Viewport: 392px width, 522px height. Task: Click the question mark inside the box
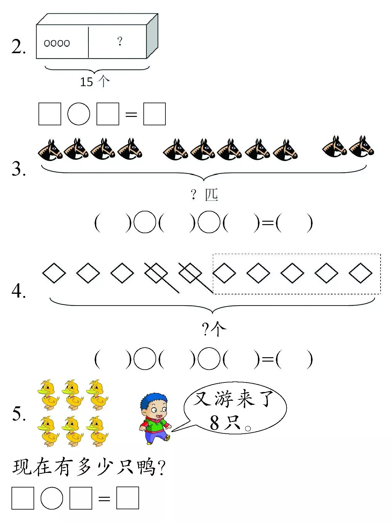pyautogui.click(x=120, y=41)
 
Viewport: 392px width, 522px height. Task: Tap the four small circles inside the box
pyautogui.click(x=57, y=43)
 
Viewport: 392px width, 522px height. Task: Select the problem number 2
pyautogui.click(x=18, y=47)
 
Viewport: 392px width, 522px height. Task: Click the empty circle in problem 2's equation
pyautogui.click(x=79, y=114)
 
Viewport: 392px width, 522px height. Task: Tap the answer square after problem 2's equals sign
pyautogui.click(x=154, y=114)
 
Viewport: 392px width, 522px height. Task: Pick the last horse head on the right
pyautogui.click(x=362, y=147)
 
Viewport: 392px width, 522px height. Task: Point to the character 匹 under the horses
pyautogui.click(x=211, y=195)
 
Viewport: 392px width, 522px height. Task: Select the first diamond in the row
pyautogui.click(x=54, y=273)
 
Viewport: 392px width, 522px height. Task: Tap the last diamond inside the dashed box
pyautogui.click(x=360, y=273)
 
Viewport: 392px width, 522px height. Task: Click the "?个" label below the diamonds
pyautogui.click(x=214, y=329)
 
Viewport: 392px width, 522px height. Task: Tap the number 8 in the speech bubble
pyautogui.click(x=214, y=423)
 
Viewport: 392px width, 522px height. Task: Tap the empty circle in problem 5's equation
pyautogui.click(x=52, y=498)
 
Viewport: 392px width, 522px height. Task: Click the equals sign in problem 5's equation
pyautogui.click(x=104, y=499)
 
